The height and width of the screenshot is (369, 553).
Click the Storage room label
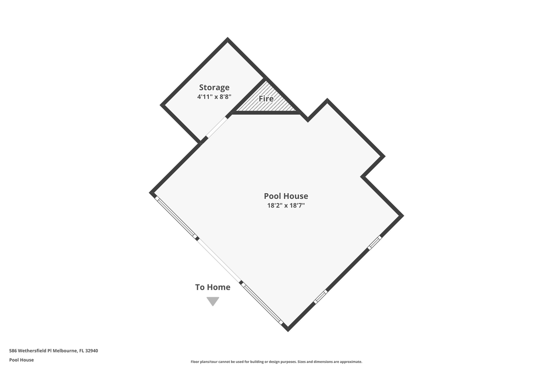214,88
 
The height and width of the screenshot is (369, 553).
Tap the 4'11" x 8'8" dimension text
214,97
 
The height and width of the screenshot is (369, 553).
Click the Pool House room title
286,196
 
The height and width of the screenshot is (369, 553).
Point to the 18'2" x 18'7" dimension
286,206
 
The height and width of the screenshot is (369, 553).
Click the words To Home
212,287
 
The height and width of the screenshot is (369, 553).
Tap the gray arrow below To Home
212,301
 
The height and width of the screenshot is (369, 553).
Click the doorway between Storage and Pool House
216,127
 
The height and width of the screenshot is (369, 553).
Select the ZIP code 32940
92,351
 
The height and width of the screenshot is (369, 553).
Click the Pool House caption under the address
22,360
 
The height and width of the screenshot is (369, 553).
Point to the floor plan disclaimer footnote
276,362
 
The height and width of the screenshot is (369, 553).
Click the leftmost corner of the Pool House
150,193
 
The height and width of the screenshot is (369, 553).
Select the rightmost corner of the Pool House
403,215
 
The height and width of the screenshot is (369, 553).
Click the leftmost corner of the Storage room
161,105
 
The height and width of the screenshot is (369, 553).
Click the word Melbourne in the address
65,351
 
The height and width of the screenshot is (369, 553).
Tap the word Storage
214,88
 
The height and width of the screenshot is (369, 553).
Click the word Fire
266,98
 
